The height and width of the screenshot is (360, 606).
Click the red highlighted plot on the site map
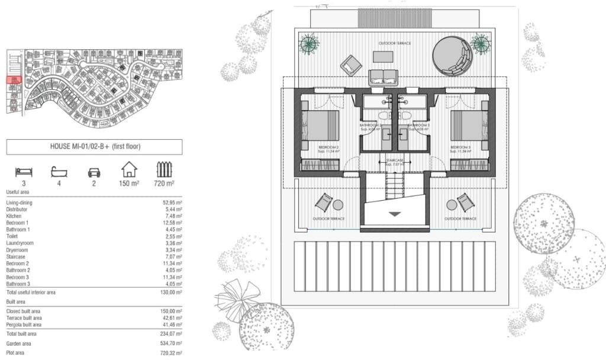pyautogui.click(x=14, y=79)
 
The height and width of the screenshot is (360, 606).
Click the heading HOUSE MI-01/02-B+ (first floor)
pyautogui.click(x=95, y=146)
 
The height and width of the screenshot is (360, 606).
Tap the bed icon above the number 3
pyautogui.click(x=23, y=172)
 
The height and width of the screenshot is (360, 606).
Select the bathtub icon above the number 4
pyautogui.click(x=59, y=172)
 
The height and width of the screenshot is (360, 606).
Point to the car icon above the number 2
pyautogui.click(x=94, y=172)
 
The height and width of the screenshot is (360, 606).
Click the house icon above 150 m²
pyautogui.click(x=129, y=170)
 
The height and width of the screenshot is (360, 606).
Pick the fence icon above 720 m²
pyautogui.click(x=164, y=171)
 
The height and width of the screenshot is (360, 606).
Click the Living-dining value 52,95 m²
pyautogui.click(x=172, y=202)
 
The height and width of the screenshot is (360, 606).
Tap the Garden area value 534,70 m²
pyautogui.click(x=170, y=343)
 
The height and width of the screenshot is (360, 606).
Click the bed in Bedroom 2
pyautogui.click(x=321, y=126)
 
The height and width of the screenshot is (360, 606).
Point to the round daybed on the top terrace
pyautogui.click(x=453, y=56)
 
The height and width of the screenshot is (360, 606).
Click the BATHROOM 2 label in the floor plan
pyautogui.click(x=373, y=126)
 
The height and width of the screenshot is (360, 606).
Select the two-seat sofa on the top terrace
pyautogui.click(x=383, y=77)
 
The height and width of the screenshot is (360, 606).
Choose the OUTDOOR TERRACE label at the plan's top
pyautogui.click(x=395, y=43)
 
